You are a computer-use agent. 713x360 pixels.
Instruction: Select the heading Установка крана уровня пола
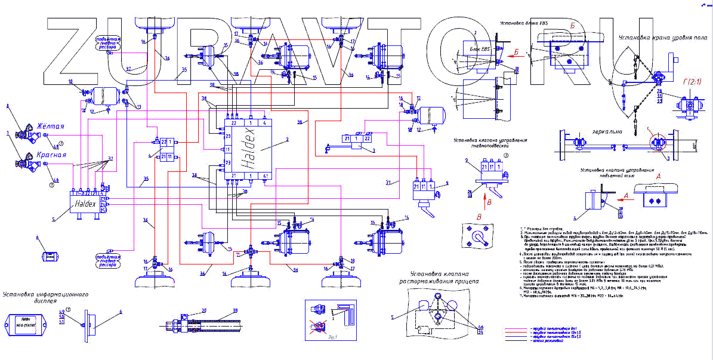pyautogui.click(x=659, y=38)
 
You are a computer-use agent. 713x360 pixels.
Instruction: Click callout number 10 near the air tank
pyautogui.click(x=70, y=81)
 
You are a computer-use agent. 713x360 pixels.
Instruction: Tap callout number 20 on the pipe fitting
pyautogui.click(x=203, y=310)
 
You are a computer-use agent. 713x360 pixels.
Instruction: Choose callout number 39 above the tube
pyautogui.click(x=234, y=310)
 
